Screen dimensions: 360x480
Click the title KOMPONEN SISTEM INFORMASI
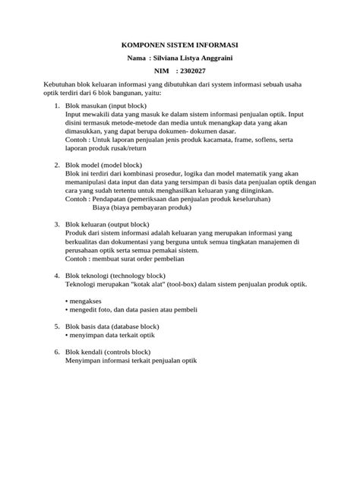(x=180, y=45)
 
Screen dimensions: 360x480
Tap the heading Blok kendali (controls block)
(x=108, y=352)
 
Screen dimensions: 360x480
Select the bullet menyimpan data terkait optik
(x=115, y=334)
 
